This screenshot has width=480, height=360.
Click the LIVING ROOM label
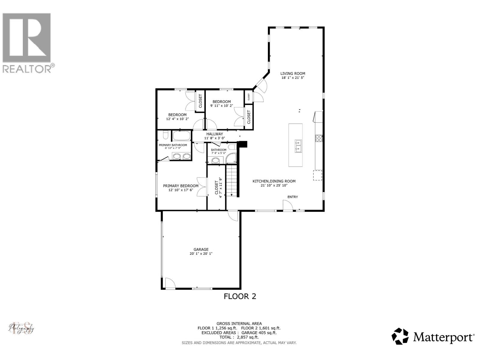pyautogui.click(x=292, y=73)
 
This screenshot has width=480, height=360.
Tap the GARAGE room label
pyautogui.click(x=201, y=249)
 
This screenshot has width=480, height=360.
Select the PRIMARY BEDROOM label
pyautogui.click(x=181, y=186)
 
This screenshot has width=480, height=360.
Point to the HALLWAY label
pyautogui.click(x=214, y=134)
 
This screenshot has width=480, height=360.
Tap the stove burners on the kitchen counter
pyautogui.click(x=318, y=138)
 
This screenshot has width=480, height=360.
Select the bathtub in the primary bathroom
pyautogui.click(x=181, y=136)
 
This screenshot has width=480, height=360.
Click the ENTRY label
pyautogui.click(x=292, y=197)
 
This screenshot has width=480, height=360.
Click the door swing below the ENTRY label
pyautogui.click(x=288, y=206)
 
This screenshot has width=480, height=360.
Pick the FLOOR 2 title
pyautogui.click(x=240, y=296)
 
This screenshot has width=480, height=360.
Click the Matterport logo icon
pyautogui.click(x=400, y=336)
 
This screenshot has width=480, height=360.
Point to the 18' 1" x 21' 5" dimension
pyautogui.click(x=292, y=78)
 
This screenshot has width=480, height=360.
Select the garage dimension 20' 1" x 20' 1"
pyautogui.click(x=201, y=253)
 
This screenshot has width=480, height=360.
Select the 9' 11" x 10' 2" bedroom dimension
pyautogui.click(x=221, y=106)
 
